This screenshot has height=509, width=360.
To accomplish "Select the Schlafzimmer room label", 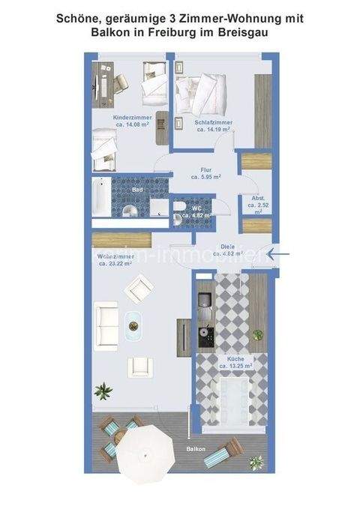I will point(214,121).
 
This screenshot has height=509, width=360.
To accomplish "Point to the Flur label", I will point(204,169).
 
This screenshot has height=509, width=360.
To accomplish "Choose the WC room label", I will point(197,208).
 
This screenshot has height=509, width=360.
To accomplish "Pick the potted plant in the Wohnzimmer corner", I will point(102,391).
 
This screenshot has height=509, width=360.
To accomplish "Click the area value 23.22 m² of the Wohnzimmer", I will point(116,263).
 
